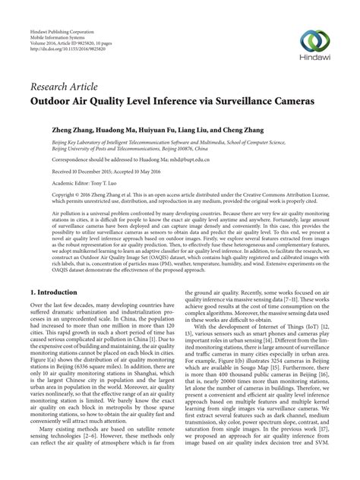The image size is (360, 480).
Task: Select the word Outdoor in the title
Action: tap(55, 99)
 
